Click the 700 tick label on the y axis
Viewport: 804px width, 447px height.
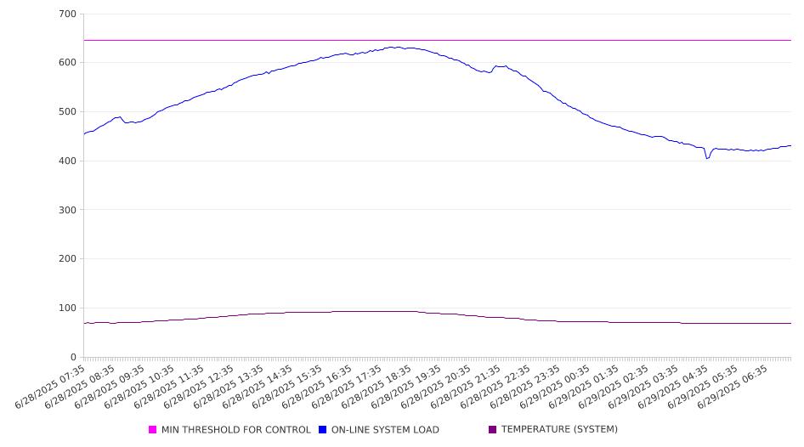[68, 14]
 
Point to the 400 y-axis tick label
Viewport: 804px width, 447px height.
[68, 161]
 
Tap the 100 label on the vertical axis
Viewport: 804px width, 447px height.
[68, 308]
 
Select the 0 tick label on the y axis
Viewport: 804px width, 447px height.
[73, 357]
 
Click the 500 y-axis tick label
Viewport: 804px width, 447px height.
[68, 111]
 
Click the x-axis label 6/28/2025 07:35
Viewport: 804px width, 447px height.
[50, 387]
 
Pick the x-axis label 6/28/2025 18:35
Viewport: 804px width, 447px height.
[377, 387]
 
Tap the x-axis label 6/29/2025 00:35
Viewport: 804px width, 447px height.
[555, 387]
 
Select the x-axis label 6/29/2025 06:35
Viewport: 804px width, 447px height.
[733, 387]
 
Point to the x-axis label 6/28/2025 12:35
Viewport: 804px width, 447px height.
[198, 387]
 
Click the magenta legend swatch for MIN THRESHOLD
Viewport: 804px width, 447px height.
[152, 429]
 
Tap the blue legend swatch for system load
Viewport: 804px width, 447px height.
[322, 429]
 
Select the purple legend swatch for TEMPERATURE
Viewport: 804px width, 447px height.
[493, 429]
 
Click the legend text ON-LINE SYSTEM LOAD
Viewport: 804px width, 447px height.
[385, 429]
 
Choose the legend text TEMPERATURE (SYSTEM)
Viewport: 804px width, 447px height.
[559, 429]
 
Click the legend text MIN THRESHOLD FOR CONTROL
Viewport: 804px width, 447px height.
[236, 429]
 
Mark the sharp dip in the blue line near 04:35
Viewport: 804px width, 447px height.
[707, 158]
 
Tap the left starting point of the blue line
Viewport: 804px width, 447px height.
[84, 134]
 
